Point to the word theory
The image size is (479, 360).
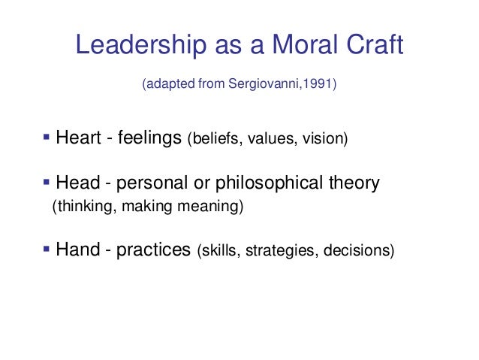click(354, 183)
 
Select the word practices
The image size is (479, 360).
click(155, 250)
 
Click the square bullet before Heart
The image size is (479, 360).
click(46, 138)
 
